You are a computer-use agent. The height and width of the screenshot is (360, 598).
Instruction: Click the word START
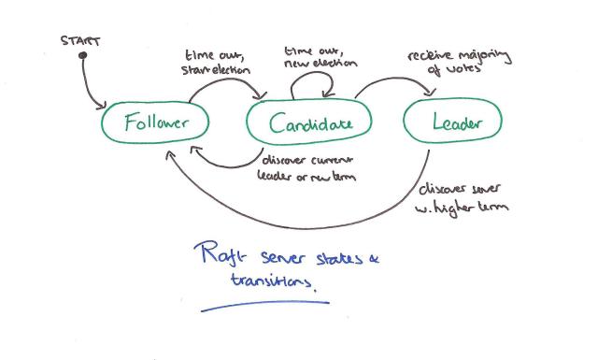(81, 42)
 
